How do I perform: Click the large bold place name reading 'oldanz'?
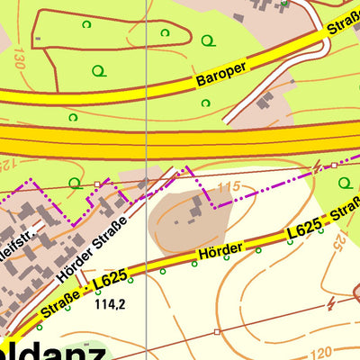(x=54, y=351)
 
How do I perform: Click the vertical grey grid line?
(x=146, y=90)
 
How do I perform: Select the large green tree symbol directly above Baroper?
(x=209, y=40)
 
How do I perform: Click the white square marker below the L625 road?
(x=217, y=331)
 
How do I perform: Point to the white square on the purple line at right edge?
(x=333, y=166)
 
